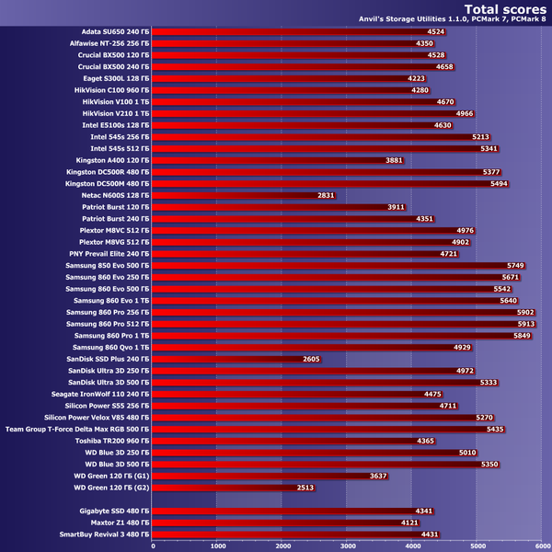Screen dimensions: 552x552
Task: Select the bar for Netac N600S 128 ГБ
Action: (x=244, y=195)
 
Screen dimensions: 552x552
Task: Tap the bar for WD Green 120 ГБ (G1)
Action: (x=267, y=475)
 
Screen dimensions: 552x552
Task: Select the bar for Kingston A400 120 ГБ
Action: (x=276, y=160)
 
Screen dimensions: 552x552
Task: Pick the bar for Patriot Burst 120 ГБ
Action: (x=278, y=207)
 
